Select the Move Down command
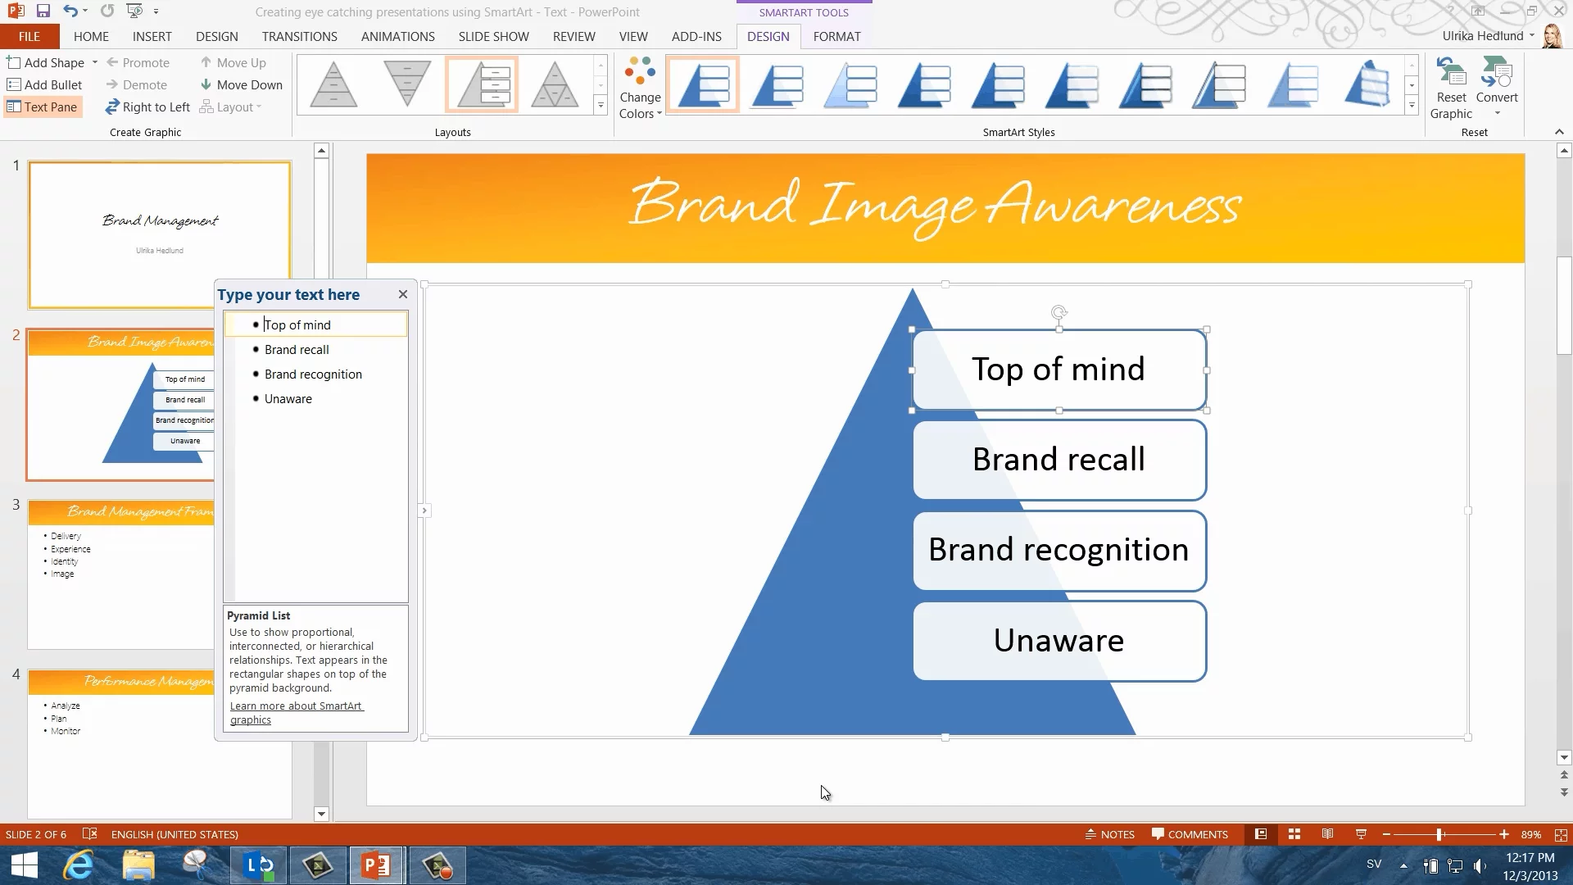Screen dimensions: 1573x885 point(242,85)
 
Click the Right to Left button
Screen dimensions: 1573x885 point(147,107)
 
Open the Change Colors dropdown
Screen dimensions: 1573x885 point(640,88)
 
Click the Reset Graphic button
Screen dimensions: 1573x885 point(1451,88)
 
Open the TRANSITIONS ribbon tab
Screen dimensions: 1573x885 point(299,37)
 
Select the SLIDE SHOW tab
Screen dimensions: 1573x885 point(493,37)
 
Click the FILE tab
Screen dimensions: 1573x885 point(29,37)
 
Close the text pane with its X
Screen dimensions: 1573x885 point(402,294)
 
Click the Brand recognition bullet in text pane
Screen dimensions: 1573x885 point(313,374)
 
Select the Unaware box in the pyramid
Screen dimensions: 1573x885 point(1059,641)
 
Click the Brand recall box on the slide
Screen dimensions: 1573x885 point(1059,460)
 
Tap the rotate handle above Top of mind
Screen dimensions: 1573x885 point(1058,312)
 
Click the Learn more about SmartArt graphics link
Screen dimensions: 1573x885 point(296,713)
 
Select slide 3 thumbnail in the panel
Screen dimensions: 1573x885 point(121,574)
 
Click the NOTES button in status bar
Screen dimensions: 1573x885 point(1110,834)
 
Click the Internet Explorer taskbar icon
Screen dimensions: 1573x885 point(79,865)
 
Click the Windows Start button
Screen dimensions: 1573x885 point(25,865)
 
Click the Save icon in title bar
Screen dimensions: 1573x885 point(43,11)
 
